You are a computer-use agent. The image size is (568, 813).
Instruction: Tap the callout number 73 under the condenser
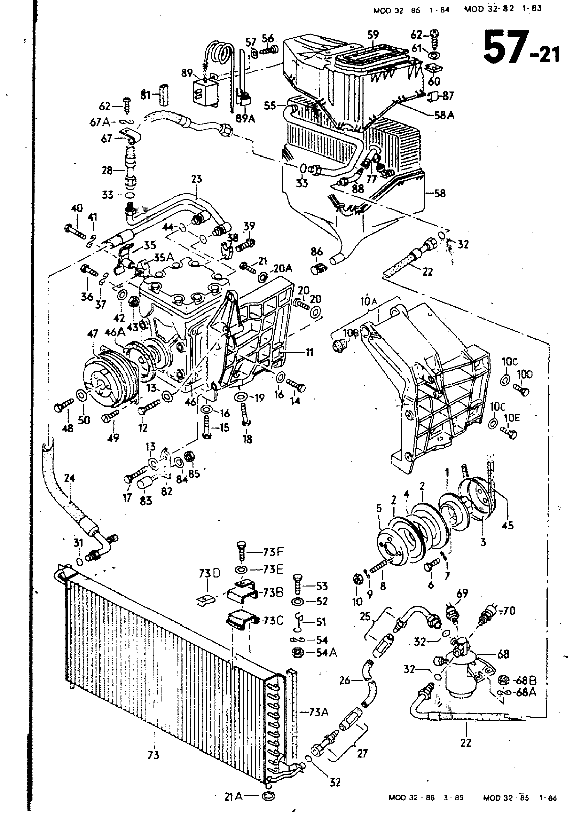coord(153,755)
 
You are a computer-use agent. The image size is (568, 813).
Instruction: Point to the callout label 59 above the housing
coord(373,35)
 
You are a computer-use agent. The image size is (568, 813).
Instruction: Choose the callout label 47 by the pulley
coord(93,334)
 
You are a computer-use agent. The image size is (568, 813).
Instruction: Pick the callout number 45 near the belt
coord(507,526)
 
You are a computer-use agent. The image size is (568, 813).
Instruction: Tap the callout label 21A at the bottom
coord(234,797)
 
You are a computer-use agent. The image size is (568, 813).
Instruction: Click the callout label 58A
coord(444,115)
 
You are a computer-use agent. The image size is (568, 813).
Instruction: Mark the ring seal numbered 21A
coord(268,796)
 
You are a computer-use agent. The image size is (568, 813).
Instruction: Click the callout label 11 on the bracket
coord(309,352)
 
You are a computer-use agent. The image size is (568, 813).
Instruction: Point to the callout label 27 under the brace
coord(362,753)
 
